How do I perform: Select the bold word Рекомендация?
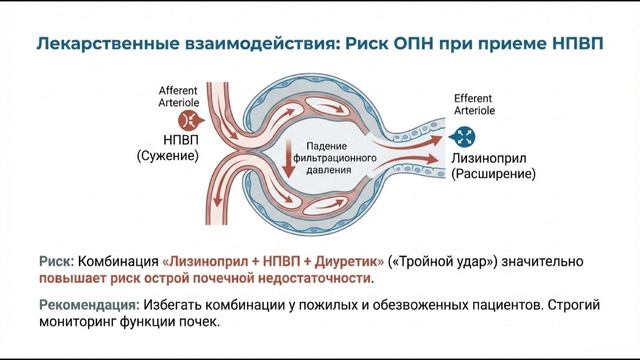tap(83, 305)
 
